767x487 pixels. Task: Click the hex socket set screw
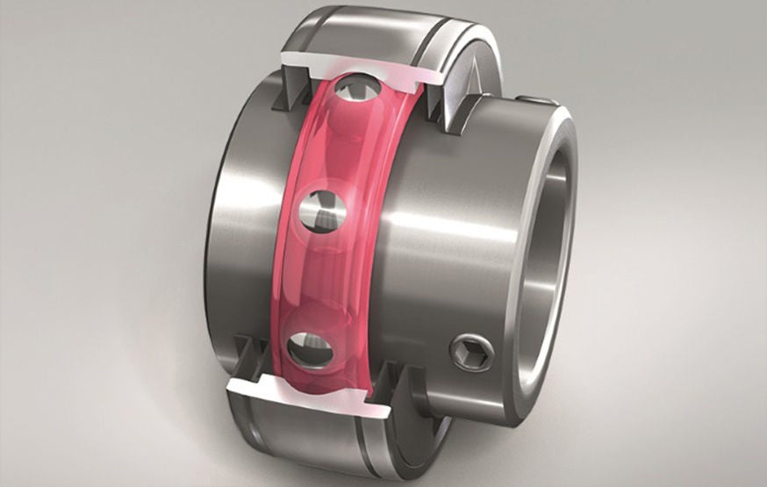click(472, 352)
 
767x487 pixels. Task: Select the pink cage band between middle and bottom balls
click(312, 281)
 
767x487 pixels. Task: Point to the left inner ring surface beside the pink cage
click(250, 228)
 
